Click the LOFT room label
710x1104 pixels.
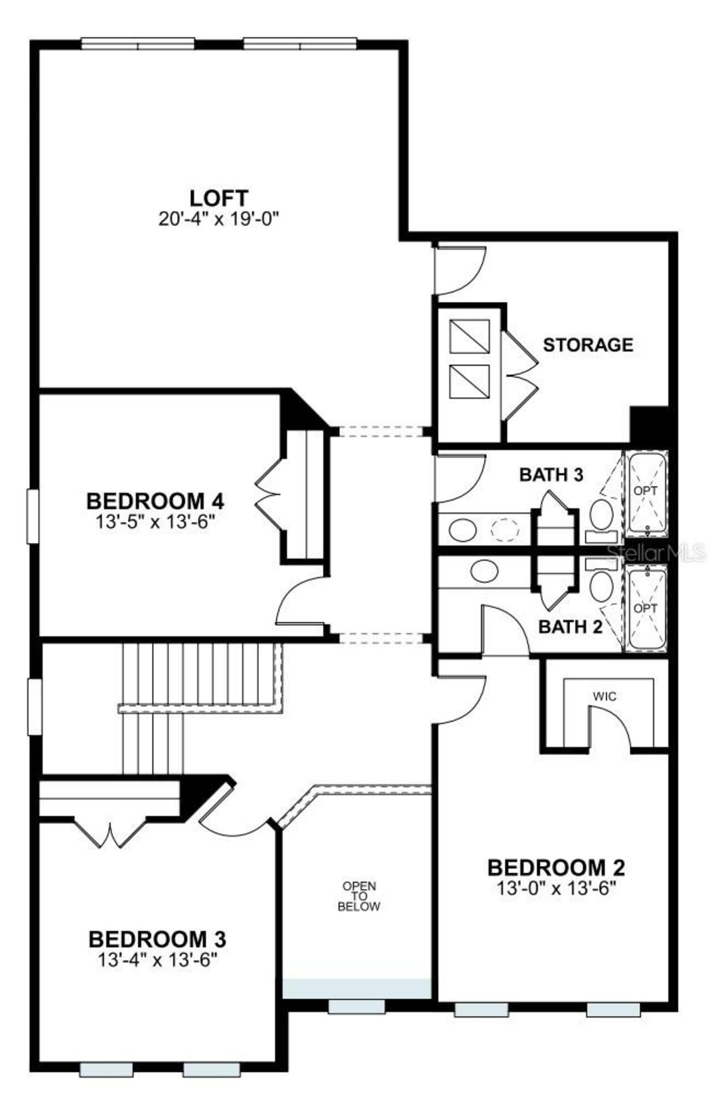point(219,197)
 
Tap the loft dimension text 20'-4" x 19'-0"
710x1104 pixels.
point(219,219)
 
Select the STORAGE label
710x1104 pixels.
point(587,345)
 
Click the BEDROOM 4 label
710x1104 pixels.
point(155,501)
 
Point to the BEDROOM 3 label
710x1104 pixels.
point(157,939)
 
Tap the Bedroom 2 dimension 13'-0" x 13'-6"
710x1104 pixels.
point(556,889)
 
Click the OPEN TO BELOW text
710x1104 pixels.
point(359,897)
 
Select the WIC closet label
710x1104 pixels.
point(604,696)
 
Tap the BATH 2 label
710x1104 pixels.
point(570,627)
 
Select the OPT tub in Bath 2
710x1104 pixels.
point(646,608)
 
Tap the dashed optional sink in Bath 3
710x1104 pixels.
point(505,530)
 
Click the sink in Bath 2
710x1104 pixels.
point(484,571)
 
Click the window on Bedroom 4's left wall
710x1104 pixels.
point(33,516)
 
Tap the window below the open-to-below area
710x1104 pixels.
point(356,1006)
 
